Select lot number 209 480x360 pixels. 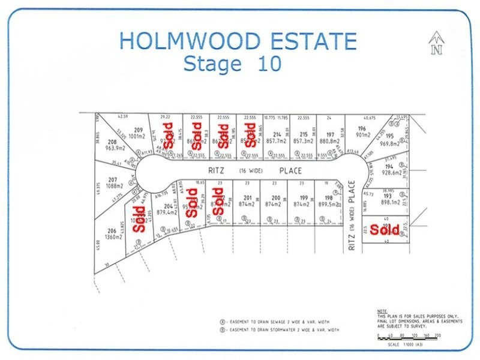[138, 130]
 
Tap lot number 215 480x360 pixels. [304, 134]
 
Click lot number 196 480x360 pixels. [362, 128]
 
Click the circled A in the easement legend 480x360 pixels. [222, 321]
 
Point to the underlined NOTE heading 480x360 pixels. [382, 311]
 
